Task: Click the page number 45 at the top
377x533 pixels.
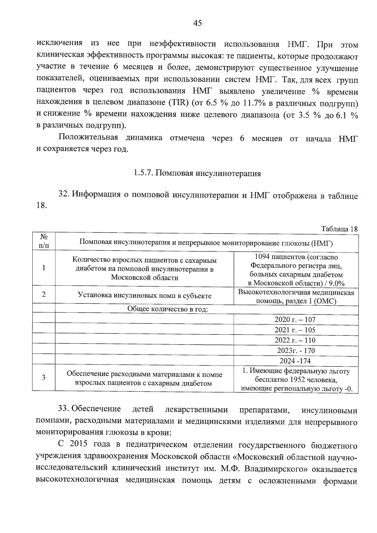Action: pyautogui.click(x=197, y=23)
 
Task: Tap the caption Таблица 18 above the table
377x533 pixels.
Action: pyautogui.click(x=339, y=229)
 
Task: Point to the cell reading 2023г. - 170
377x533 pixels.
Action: pyautogui.click(x=296, y=351)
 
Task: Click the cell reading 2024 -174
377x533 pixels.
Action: pyautogui.click(x=295, y=361)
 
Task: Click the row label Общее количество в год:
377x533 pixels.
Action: pyautogui.click(x=167, y=309)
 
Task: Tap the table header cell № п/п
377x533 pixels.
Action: pyautogui.click(x=44, y=241)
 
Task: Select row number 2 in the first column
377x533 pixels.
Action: pyautogui.click(x=44, y=295)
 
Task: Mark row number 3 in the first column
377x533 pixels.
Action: pyautogui.click(x=44, y=378)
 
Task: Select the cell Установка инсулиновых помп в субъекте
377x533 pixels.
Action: pyautogui.click(x=145, y=296)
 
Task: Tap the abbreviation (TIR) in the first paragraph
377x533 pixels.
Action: pyautogui.click(x=178, y=103)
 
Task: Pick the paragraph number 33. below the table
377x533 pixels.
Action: pyautogui.click(x=64, y=409)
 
